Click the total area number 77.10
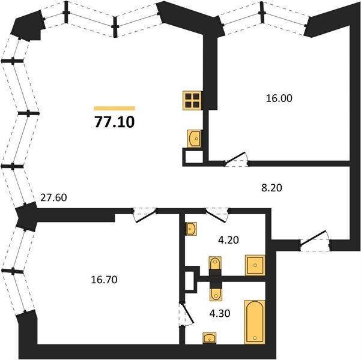coord(114,122)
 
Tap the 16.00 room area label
coord(279,98)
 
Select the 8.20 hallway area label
coord(272,188)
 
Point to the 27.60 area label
coord(53,197)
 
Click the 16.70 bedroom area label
coord(105,280)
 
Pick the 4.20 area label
coord(228,240)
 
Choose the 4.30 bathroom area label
coord(220,313)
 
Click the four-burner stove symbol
coord(192,101)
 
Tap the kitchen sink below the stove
coord(194,139)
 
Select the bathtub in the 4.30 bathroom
coord(255,322)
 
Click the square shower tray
coord(255,265)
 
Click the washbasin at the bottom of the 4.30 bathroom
coord(209,338)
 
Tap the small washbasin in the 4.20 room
coord(191,229)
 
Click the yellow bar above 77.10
coord(114,109)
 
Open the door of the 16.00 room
coord(236,159)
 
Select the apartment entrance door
coord(315,241)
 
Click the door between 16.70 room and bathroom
coord(187,314)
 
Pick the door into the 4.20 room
coord(216,215)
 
